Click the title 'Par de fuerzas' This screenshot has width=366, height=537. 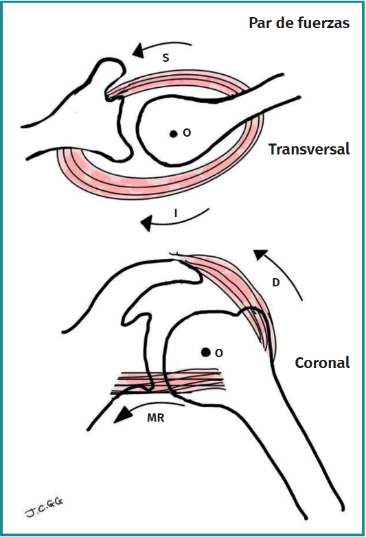[x=299, y=23]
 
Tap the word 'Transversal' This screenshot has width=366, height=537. [x=309, y=149]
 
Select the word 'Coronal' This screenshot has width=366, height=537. [x=322, y=363]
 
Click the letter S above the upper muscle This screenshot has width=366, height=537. [x=165, y=58]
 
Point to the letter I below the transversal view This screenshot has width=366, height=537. [x=176, y=214]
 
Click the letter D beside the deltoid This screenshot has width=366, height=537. [x=275, y=282]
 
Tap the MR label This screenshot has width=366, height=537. [x=156, y=418]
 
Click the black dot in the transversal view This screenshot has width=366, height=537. [x=174, y=134]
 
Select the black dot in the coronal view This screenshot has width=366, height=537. [x=205, y=352]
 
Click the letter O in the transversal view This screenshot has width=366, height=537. [x=187, y=133]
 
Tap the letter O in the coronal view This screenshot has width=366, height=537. [x=219, y=353]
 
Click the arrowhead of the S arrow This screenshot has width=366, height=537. [x=138, y=50]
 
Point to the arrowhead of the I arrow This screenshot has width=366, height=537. [x=147, y=224]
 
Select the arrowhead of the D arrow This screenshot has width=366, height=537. [x=260, y=255]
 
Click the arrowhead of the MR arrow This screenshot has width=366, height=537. [x=123, y=415]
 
